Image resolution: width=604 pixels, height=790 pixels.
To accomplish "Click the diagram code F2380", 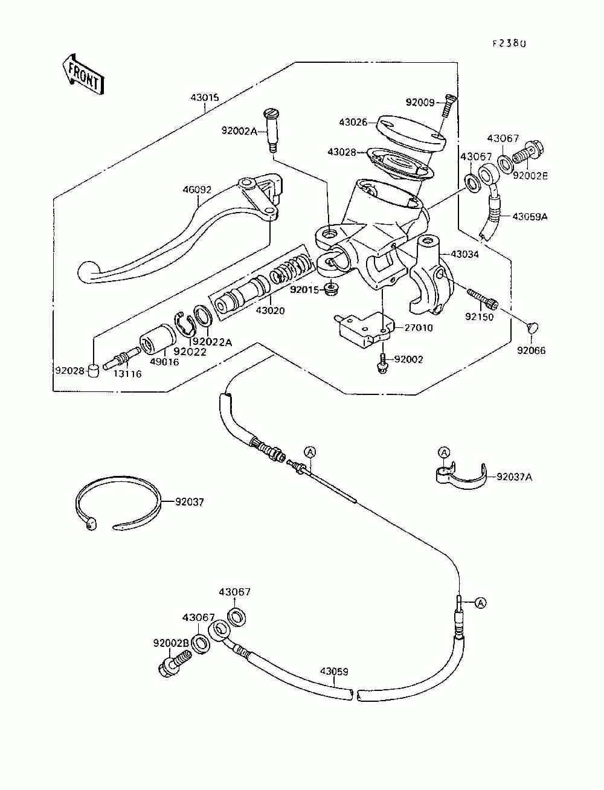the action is (x=509, y=43).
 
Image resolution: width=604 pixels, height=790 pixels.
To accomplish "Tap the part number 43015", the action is (x=205, y=97).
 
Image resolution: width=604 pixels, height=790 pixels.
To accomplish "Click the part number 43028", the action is (x=342, y=152).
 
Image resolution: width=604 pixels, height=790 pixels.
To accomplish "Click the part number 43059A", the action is (x=530, y=217).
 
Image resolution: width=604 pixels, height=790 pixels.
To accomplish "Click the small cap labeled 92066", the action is (x=532, y=327).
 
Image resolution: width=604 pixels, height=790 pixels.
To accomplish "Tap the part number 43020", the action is (x=270, y=310).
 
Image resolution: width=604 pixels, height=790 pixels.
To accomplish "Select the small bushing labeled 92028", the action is (x=94, y=370).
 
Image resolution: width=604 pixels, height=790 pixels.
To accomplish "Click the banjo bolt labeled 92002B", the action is (x=173, y=663).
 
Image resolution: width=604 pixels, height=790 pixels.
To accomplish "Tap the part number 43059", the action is (x=335, y=672).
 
